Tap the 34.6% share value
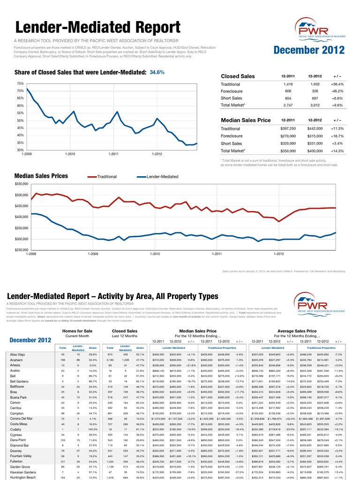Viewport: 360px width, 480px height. [x=157, y=73]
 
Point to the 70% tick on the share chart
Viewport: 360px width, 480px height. [x=20, y=90]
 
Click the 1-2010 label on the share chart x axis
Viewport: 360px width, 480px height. [x=70, y=154]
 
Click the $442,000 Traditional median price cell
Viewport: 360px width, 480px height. [x=315, y=128]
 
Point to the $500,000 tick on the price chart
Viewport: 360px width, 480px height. [x=22, y=195]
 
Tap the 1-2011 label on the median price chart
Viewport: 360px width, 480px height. [x=216, y=254]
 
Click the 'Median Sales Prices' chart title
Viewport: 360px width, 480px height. [x=41, y=176]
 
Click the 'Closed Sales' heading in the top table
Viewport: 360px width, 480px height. [x=238, y=76]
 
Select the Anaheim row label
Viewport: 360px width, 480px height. [x=18, y=360]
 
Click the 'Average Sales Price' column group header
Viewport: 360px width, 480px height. [x=297, y=331]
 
